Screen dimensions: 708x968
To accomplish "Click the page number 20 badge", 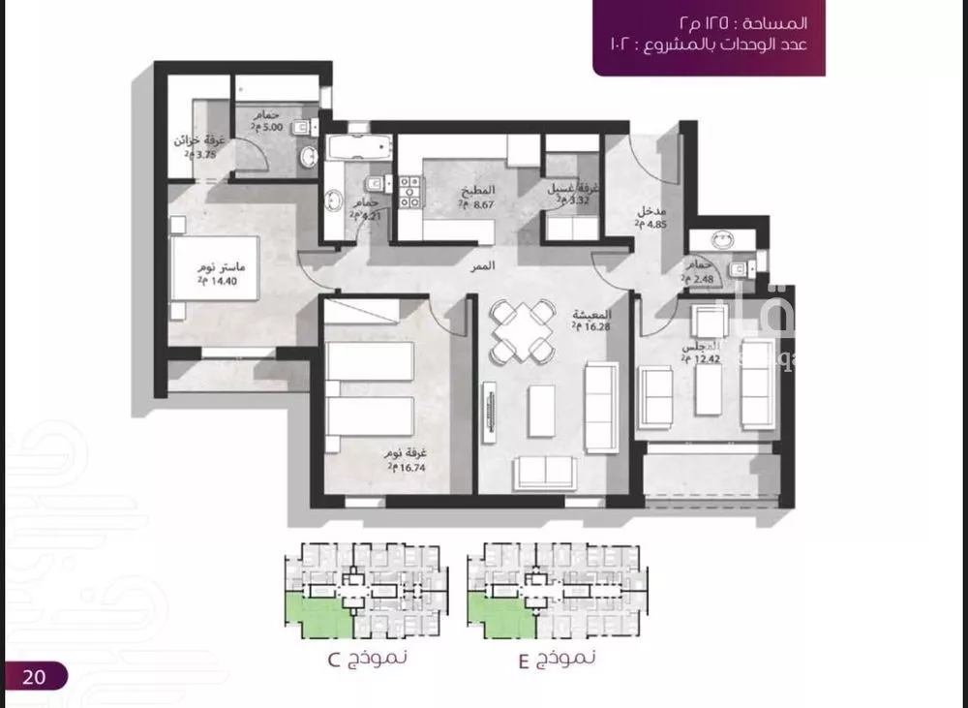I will pos(35,675).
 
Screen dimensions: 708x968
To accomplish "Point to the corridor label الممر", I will pos(501,264).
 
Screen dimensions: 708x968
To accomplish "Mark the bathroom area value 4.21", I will pos(367,215).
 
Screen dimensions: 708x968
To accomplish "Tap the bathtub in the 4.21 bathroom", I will pos(359,149).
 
